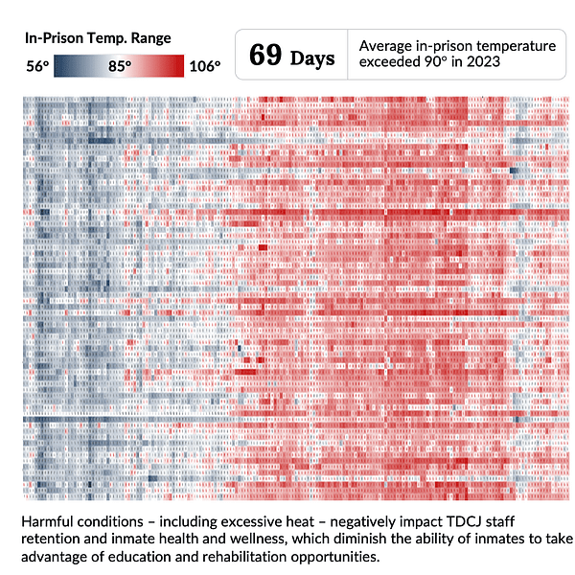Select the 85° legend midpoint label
pyautogui.click(x=120, y=67)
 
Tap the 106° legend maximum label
pyautogui.click(x=204, y=67)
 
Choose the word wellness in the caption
pyautogui.click(x=252, y=540)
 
